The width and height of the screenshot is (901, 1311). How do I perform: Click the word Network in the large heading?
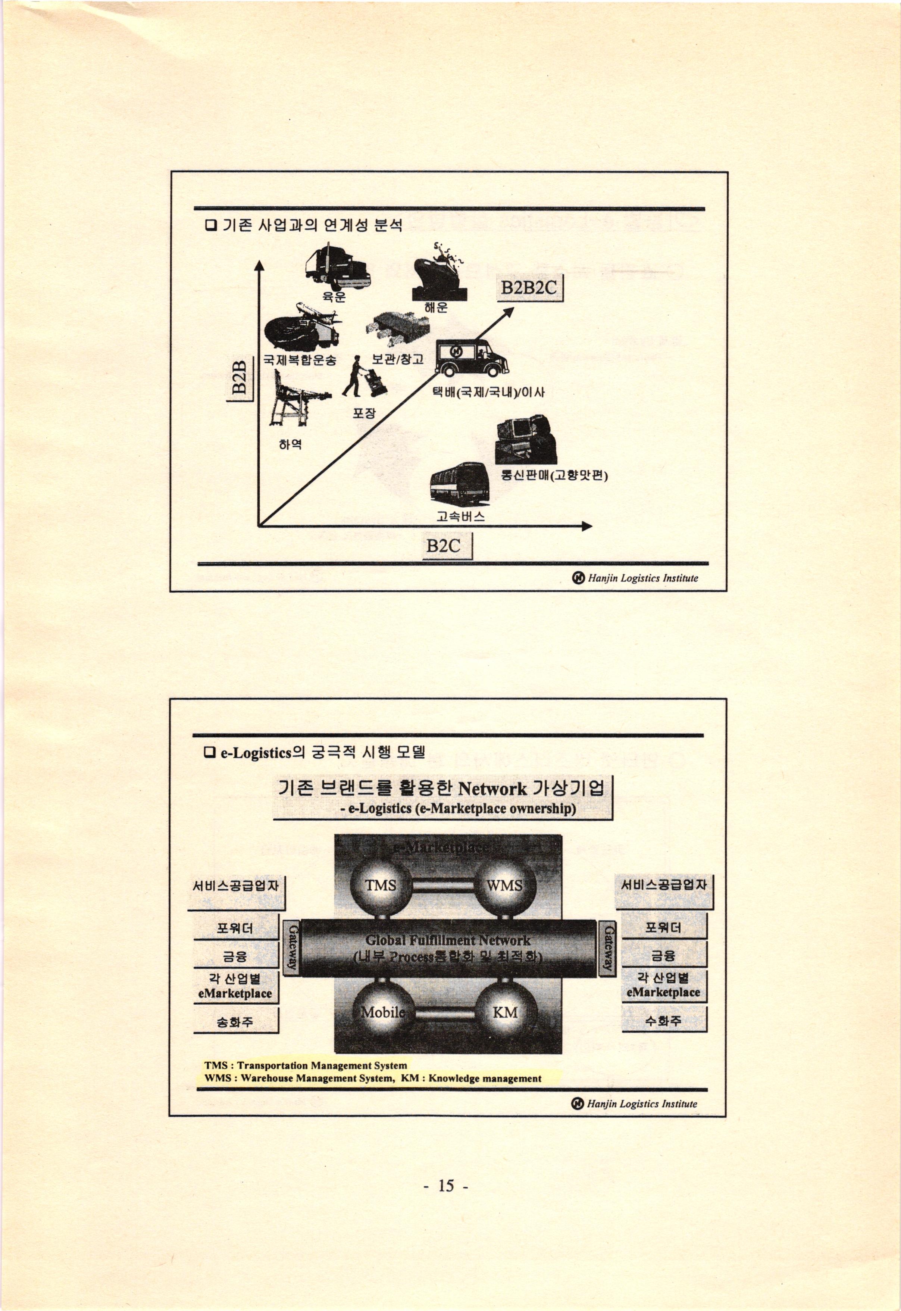point(492,788)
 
